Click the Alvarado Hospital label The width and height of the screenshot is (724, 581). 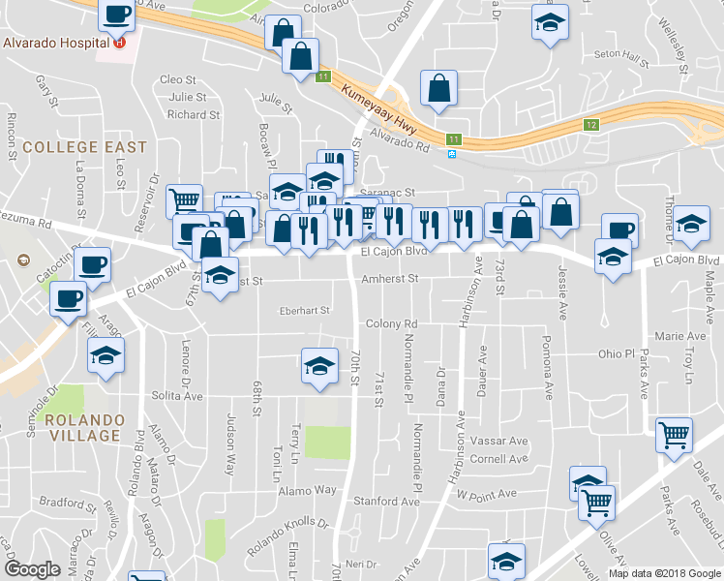pos(55,44)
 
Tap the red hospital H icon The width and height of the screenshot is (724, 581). pos(119,43)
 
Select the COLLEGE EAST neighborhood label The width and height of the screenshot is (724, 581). pos(84,147)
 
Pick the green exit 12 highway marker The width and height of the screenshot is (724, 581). pos(591,125)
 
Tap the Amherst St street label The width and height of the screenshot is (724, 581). pos(389,278)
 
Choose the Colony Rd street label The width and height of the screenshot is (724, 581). pos(391,323)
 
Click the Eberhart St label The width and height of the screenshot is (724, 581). pos(304,311)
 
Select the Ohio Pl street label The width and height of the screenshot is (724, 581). pos(615,353)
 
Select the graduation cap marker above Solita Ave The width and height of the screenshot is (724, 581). pos(319,365)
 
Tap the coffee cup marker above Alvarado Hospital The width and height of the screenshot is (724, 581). pos(117,15)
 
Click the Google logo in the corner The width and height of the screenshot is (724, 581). pos(32,569)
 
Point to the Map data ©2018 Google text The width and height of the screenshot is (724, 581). pos(665,573)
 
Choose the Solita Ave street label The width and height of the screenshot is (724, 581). pos(178,396)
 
